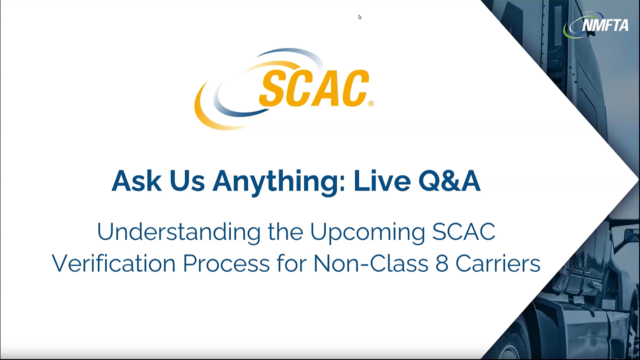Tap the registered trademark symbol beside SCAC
pos(371,104)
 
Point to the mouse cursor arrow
pos(360,17)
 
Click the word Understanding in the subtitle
pos(178,232)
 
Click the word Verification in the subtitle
pos(114,264)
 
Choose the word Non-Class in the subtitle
pos(370,264)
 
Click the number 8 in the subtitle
pos(442,264)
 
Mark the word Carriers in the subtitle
pos(498,264)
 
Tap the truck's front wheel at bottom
pos(518,345)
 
